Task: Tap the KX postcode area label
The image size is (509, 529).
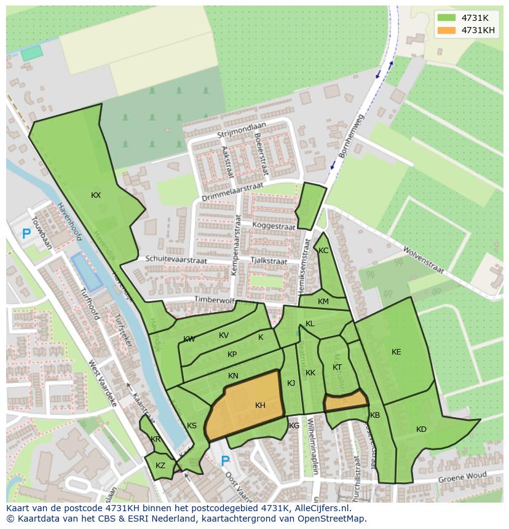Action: [96, 195]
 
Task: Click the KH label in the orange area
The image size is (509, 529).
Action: [260, 406]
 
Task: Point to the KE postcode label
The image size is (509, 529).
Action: [397, 352]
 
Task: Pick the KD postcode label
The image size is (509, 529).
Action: [421, 429]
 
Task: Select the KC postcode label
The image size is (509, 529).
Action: [323, 251]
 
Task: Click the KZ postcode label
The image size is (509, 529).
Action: [160, 466]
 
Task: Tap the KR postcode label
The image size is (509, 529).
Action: [156, 439]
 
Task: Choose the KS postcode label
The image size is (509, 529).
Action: [192, 426]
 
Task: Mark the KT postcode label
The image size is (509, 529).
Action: [337, 367]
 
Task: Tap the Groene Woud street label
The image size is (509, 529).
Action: [462, 477]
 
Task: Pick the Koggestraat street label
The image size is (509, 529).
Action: [274, 225]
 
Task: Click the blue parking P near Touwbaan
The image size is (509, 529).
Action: [26, 233]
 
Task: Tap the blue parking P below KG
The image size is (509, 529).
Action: [225, 461]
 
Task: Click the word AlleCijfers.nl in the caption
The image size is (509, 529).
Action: [322, 508]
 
